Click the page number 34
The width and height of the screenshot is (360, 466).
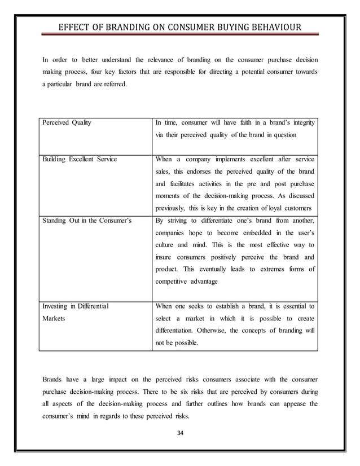click(181, 433)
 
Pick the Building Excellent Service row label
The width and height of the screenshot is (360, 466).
click(80, 159)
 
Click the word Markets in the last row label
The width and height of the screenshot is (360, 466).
click(55, 318)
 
